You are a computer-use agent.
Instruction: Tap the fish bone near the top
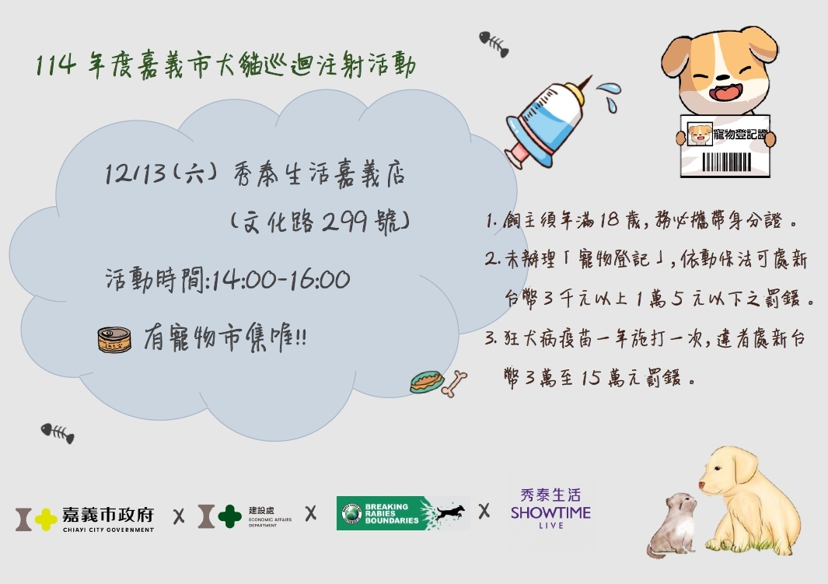click(x=494, y=44)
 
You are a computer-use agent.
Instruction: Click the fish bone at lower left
click(x=58, y=432)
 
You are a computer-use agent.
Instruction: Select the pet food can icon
click(x=114, y=340)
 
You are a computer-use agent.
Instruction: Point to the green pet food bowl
click(x=426, y=382)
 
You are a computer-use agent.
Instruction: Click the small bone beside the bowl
click(x=455, y=383)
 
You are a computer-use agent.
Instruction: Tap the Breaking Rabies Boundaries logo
click(x=403, y=513)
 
